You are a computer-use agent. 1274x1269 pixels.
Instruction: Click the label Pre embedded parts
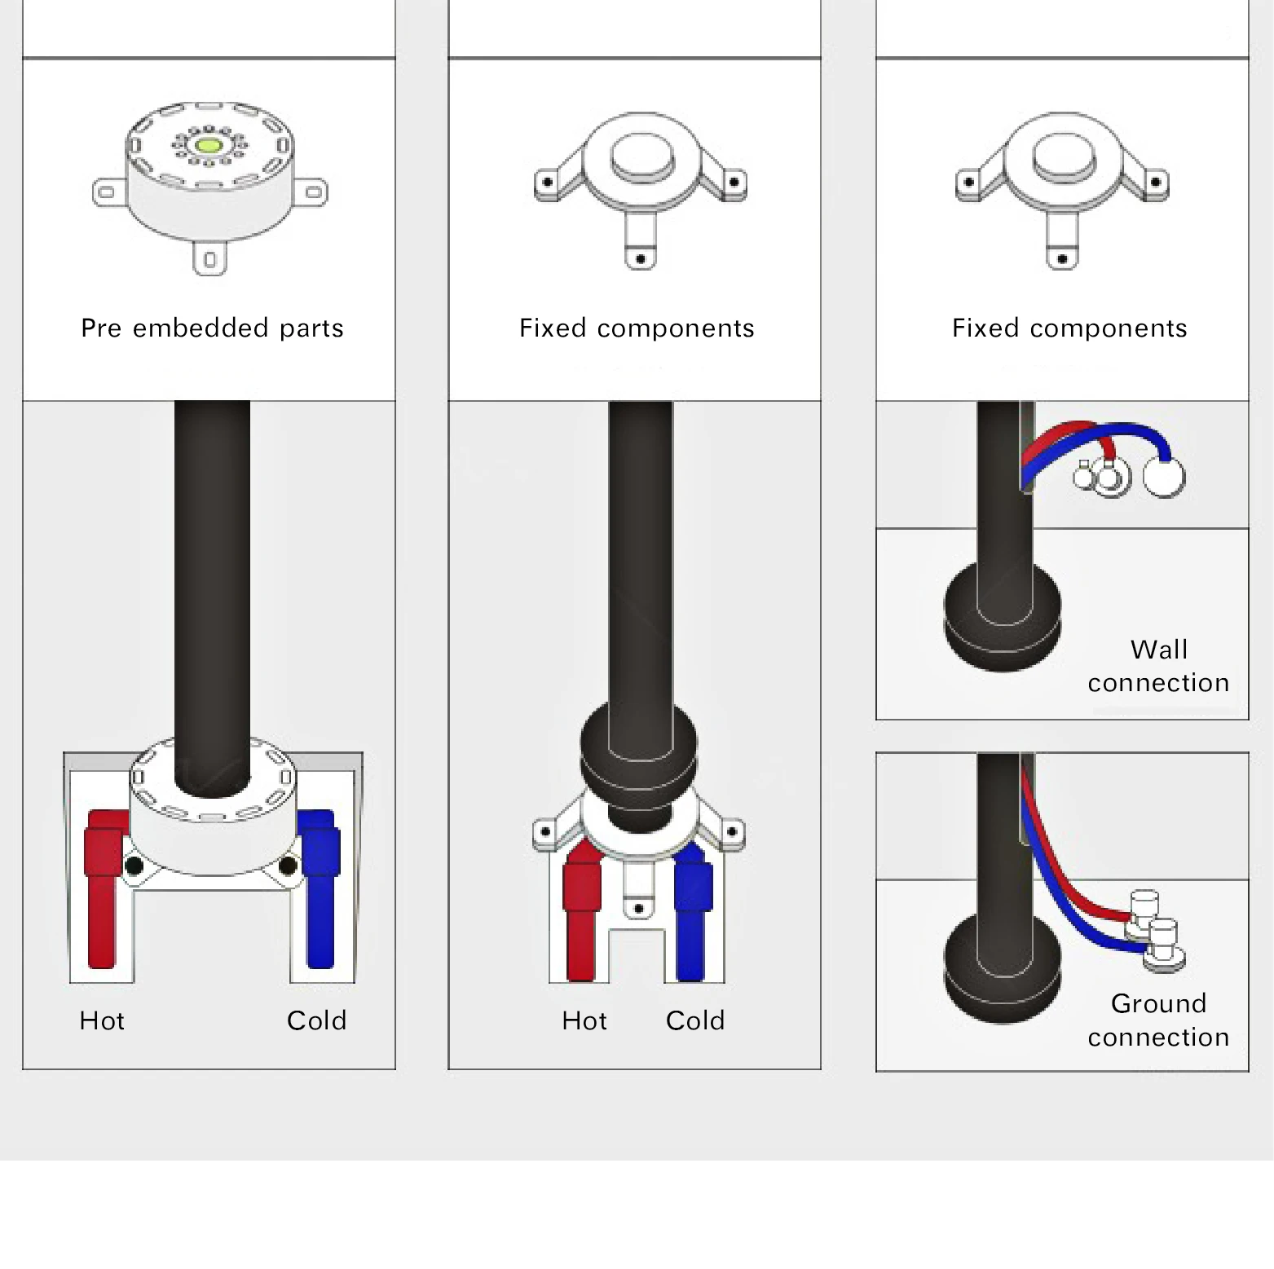(212, 328)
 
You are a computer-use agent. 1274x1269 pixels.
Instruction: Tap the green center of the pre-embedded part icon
(209, 146)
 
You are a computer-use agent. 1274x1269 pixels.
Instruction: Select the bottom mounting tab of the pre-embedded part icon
(209, 259)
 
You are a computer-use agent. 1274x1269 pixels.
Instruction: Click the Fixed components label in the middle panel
(637, 328)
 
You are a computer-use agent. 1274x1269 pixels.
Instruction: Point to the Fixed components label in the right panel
(1069, 328)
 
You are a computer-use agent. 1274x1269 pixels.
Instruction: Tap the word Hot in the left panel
(102, 1020)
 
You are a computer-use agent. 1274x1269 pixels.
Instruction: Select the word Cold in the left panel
(316, 1020)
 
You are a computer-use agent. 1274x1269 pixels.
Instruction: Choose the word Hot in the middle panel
(584, 1020)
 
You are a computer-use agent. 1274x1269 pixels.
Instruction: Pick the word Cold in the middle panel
(695, 1020)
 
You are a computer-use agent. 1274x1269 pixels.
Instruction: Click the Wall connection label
(1158, 666)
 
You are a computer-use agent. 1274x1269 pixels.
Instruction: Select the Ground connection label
(1158, 1020)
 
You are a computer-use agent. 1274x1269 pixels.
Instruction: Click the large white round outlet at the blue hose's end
(1164, 477)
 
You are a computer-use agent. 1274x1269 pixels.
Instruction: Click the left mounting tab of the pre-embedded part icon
(107, 193)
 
